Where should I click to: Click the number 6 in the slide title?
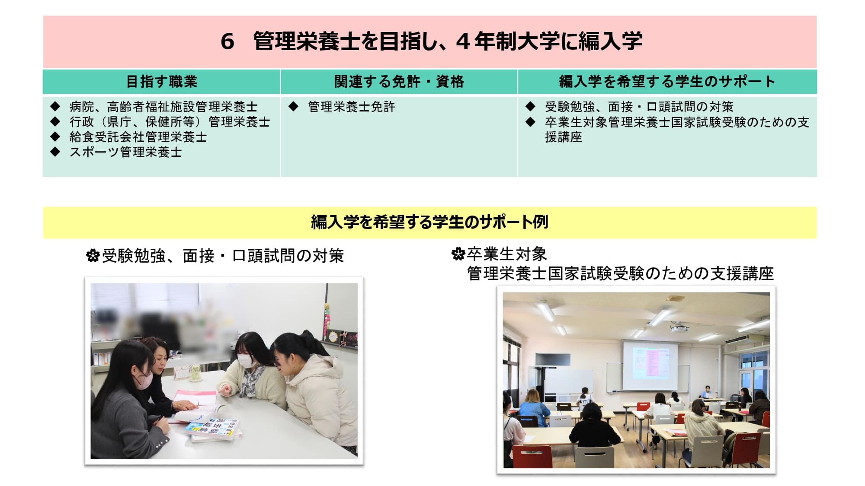click(227, 42)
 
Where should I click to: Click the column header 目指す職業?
click(161, 82)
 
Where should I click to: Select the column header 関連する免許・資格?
click(399, 82)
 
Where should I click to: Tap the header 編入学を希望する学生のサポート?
click(667, 82)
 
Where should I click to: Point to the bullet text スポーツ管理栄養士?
click(125, 152)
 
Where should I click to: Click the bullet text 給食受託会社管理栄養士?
click(138, 137)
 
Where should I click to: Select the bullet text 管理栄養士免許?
click(352, 107)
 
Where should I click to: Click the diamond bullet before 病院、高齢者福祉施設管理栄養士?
click(55, 106)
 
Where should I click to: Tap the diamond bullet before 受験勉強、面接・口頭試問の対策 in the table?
click(530, 106)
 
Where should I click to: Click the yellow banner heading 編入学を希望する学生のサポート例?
click(429, 222)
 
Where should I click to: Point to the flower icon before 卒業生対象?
click(458, 254)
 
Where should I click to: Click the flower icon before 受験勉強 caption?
click(93, 256)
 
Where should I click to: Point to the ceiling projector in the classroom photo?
click(679, 328)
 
